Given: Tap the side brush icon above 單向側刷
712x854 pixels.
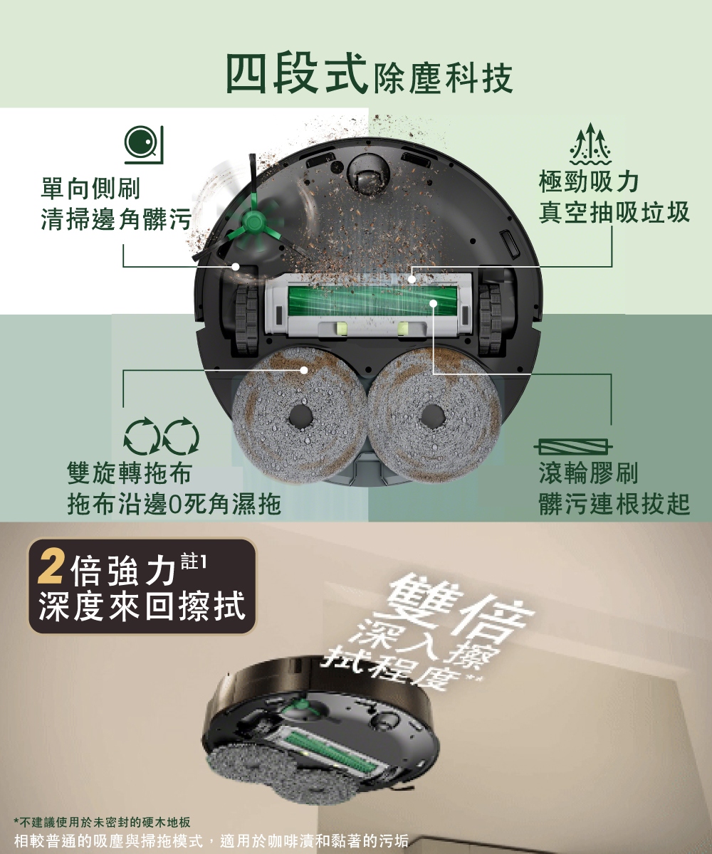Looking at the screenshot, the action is [144, 144].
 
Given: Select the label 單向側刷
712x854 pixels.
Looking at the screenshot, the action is [90, 188].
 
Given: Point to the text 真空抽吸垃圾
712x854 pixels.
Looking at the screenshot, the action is [614, 213].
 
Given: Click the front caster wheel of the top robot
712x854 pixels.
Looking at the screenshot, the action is [367, 175].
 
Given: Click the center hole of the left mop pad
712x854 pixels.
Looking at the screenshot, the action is [300, 418].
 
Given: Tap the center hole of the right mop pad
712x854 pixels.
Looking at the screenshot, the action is [432, 417].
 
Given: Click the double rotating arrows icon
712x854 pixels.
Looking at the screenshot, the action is [162, 436].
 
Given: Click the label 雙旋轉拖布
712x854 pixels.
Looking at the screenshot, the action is [130, 474].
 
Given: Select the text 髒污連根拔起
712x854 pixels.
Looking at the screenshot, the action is [614, 504].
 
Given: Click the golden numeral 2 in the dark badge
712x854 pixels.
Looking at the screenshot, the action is [50, 569].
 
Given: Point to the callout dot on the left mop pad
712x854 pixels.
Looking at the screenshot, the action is [303, 370].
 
